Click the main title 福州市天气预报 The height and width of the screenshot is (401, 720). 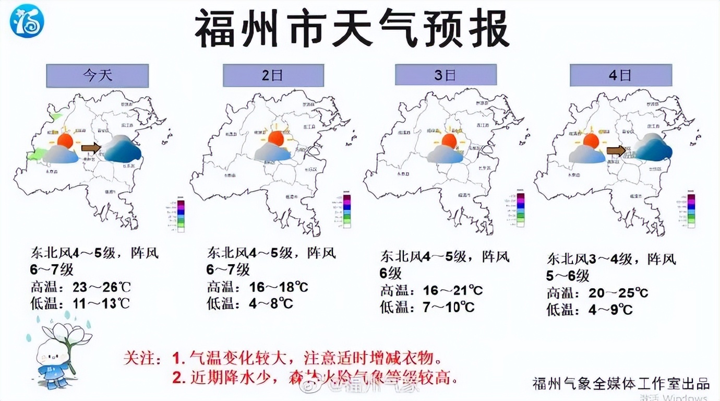(353, 30)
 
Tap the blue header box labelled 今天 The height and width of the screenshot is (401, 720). (98, 76)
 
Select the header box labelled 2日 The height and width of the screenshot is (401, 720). (273, 76)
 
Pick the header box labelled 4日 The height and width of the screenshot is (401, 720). (620, 75)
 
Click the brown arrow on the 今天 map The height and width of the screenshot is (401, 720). (91, 148)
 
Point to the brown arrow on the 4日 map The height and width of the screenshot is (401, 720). (616, 151)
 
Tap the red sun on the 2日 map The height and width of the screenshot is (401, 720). (275, 138)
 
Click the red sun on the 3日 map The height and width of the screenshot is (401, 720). (449, 140)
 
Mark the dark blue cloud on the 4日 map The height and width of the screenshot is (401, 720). (653, 147)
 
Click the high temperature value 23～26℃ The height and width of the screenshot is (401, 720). (102, 287)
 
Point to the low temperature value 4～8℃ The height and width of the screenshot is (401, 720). (271, 303)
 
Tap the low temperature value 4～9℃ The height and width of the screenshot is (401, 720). (610, 310)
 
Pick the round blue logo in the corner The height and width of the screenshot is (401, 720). (27, 21)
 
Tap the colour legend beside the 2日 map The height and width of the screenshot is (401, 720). (346, 211)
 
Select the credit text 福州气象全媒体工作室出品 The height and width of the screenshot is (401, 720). (621, 384)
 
